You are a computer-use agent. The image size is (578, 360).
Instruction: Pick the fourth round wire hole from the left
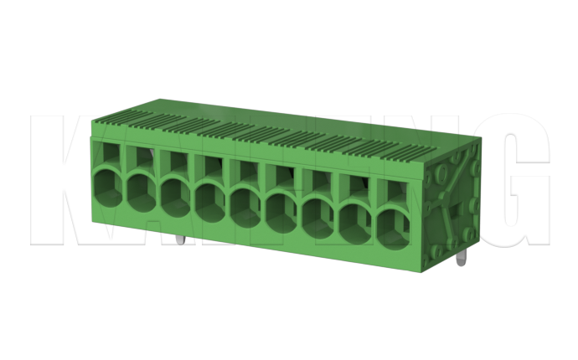(210, 200)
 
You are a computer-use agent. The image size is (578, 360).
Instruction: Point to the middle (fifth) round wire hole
(245, 206)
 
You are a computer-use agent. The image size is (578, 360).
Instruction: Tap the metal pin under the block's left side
(179, 240)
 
